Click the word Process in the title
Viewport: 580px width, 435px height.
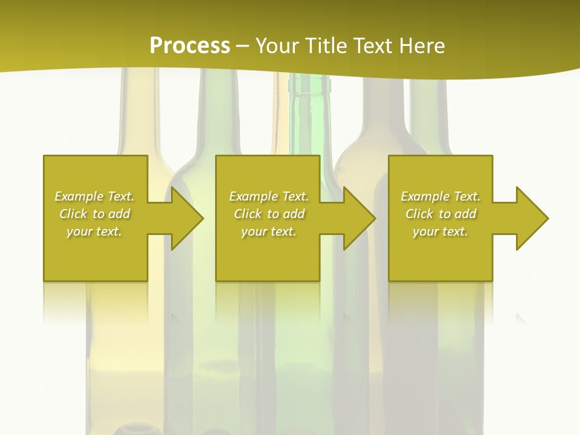click(190, 46)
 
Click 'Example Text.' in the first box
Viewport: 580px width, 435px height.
click(94, 196)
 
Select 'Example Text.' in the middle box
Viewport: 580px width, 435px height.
click(269, 196)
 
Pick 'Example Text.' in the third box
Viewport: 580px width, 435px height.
click(440, 196)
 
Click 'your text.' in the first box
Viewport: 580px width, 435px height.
click(94, 231)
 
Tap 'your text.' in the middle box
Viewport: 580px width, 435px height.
click(269, 231)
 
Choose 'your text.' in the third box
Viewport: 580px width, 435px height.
click(440, 231)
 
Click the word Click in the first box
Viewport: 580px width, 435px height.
click(73, 214)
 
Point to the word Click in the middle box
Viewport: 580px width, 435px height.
click(248, 214)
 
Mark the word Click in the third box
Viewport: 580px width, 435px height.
click(419, 214)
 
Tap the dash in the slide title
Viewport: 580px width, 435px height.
click(242, 46)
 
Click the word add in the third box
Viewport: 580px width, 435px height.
click(466, 214)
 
